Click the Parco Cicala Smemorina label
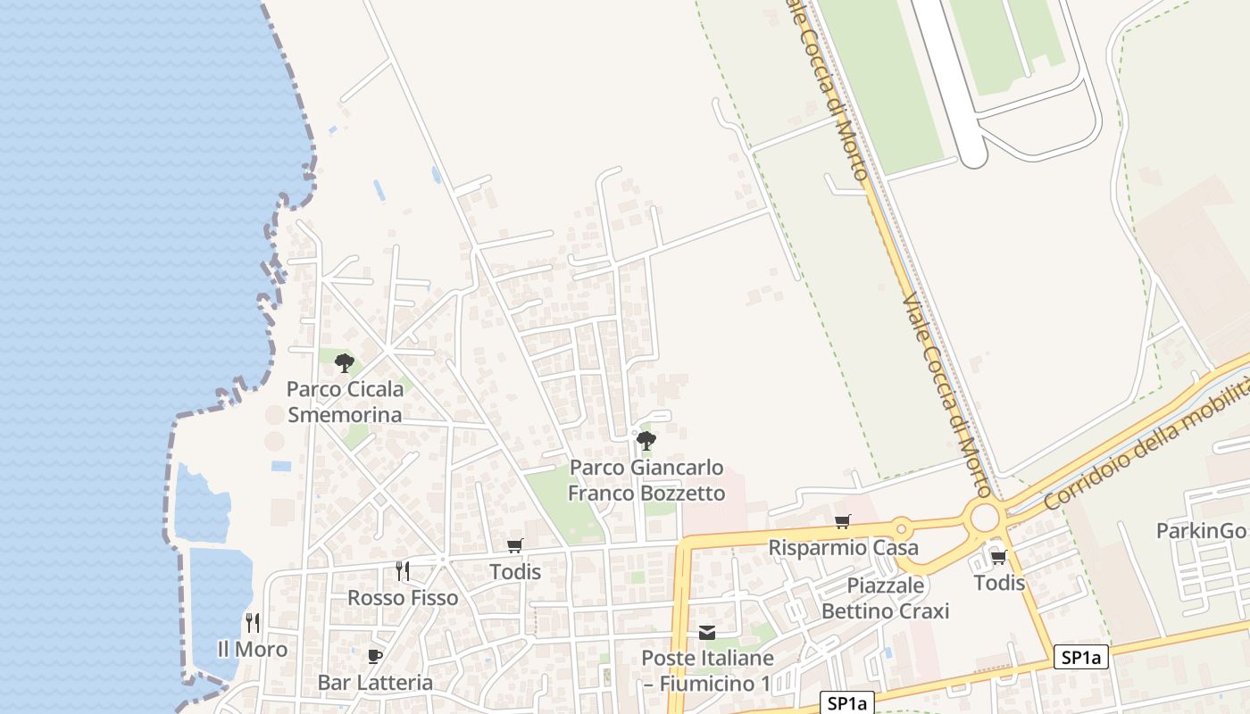point(345,403)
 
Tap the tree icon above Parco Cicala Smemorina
point(345,363)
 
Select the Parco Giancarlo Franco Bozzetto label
point(646,480)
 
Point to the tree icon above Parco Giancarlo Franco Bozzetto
point(646,440)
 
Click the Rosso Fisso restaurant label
point(402,597)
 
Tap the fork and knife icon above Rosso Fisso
point(403,570)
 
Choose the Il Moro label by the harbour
point(253,649)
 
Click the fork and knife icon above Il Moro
point(253,622)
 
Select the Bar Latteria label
point(375,683)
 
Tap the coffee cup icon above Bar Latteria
point(375,657)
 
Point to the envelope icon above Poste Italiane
point(707,633)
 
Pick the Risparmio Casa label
point(843,547)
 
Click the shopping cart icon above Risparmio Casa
point(842,521)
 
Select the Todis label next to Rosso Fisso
point(515,571)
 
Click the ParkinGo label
point(1200,531)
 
